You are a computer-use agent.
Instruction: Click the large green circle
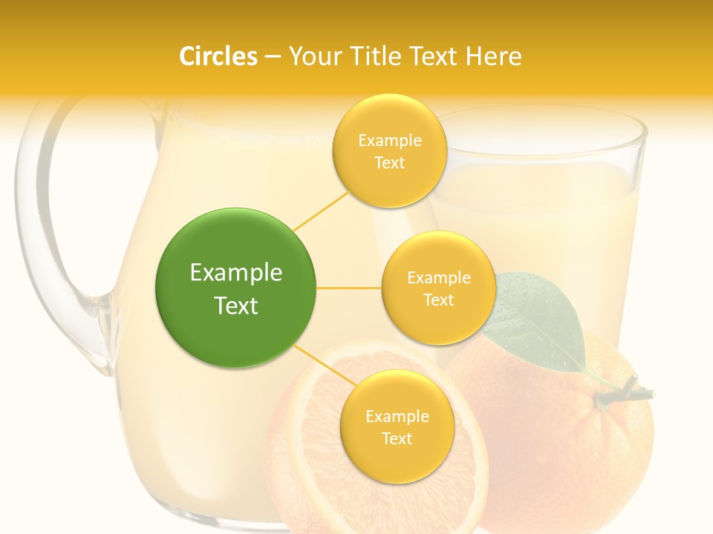235,289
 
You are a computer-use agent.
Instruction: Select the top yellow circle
389,151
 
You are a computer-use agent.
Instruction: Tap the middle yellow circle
438,288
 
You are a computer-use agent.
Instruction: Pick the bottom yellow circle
397,427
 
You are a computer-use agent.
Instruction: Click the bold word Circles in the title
218,56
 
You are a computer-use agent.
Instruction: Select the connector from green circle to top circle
321,211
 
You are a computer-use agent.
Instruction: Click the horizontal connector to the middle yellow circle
348,288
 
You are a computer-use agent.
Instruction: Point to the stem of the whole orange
624,392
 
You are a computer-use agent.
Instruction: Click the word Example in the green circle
235,273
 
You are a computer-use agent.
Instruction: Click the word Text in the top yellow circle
389,162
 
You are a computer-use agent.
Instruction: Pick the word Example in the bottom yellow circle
397,416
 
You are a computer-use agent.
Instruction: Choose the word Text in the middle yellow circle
438,300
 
